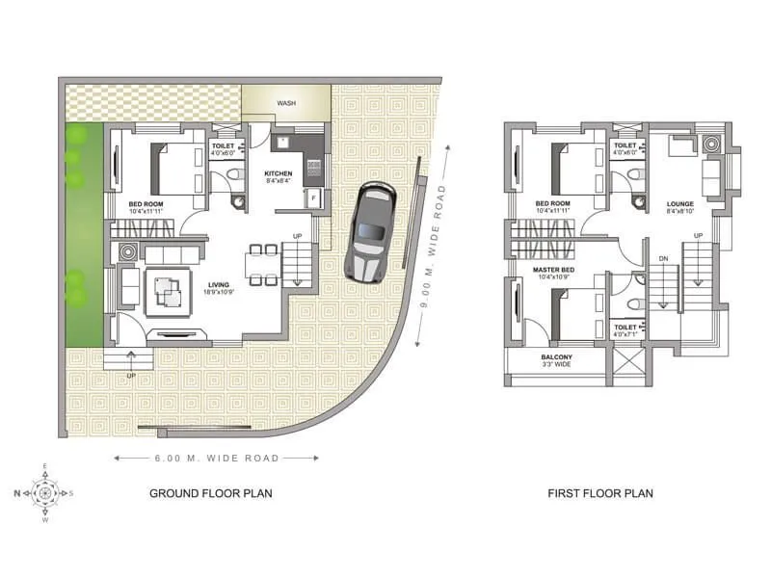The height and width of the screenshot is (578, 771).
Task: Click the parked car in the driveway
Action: (367, 231)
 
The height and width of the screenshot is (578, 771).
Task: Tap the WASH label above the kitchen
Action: (286, 103)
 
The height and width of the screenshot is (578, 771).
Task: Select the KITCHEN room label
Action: (279, 173)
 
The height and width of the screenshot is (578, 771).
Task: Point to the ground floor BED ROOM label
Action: (146, 204)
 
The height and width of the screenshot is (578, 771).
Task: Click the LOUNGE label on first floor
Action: (680, 204)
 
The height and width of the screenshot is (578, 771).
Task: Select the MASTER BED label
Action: (553, 269)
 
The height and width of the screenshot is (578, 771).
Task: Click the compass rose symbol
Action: (45, 493)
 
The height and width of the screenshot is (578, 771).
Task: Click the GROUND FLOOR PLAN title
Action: (210, 493)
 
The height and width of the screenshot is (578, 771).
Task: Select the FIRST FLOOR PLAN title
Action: (600, 493)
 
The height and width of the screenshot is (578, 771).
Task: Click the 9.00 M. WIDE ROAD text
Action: (431, 246)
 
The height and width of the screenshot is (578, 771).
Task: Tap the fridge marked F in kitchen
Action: (313, 198)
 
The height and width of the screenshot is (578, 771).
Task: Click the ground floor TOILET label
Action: (224, 147)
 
